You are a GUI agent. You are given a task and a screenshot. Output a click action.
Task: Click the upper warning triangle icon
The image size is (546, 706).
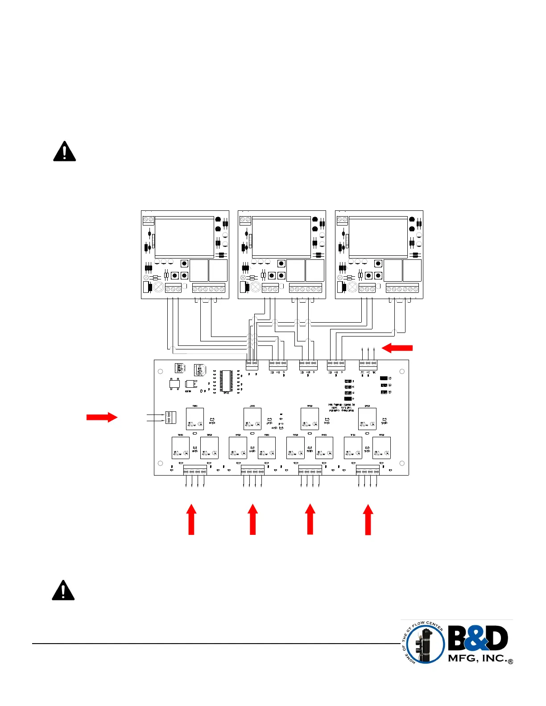coord(64,151)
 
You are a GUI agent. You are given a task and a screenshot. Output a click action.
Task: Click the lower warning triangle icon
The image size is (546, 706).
coord(63,590)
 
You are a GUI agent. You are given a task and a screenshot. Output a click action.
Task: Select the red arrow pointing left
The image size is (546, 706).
coord(397,348)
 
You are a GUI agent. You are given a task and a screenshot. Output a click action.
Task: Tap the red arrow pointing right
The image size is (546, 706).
coord(102,417)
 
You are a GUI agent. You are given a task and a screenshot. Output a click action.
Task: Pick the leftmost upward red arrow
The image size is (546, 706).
coord(191,519)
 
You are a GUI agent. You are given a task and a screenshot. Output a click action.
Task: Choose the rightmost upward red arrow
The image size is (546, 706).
coord(368,519)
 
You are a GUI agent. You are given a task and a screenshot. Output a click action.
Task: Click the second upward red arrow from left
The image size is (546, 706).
coord(252,519)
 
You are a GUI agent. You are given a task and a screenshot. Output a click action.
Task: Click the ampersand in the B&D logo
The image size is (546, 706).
coord(478,638)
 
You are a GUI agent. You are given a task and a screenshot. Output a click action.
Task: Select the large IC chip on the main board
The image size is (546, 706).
coord(226,381)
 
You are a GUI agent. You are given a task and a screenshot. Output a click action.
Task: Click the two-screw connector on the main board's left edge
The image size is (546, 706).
coord(170,418)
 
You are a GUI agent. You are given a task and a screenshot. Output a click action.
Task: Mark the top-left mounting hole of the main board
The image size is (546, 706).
coord(161,371)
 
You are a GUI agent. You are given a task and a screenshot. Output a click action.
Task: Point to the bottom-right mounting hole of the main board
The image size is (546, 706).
coord(402,464)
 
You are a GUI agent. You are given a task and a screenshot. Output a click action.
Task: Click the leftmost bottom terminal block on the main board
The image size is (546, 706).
coord(195,471)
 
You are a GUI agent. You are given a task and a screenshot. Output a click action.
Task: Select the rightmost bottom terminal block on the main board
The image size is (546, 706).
coord(368,471)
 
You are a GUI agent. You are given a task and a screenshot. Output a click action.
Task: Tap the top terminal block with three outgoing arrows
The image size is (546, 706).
coord(368,365)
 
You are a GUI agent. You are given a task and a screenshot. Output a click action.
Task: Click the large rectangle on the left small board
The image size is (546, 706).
coord(184,237)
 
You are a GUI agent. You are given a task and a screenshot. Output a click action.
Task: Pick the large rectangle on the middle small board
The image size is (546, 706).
coord(281,237)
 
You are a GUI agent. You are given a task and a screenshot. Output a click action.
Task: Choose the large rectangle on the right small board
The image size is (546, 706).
coord(378,237)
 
